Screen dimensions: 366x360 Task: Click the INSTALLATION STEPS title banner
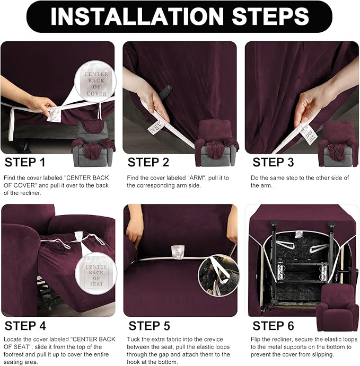[x=179, y=16]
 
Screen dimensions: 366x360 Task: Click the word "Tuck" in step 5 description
[x=134, y=339]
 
